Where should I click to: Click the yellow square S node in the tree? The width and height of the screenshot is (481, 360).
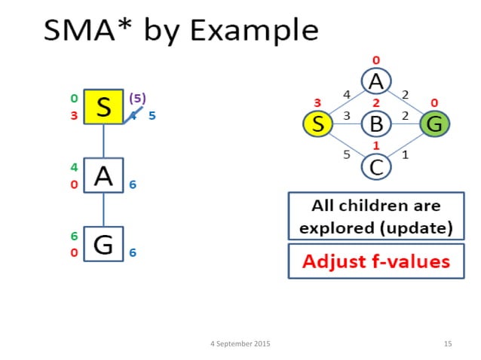[x=103, y=107]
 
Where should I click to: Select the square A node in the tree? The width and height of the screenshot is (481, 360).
[x=103, y=176]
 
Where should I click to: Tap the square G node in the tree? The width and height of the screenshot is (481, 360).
[x=103, y=243]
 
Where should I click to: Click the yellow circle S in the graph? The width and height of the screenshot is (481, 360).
[x=318, y=124]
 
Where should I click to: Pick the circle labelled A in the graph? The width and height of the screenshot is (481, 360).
[x=376, y=81]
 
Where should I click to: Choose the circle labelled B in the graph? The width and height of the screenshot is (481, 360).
[x=376, y=124]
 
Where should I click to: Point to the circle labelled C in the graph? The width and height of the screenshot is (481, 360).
[x=376, y=166]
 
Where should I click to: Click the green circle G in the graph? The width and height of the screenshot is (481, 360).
[x=434, y=124]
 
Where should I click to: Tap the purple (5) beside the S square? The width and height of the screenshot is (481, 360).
[x=138, y=98]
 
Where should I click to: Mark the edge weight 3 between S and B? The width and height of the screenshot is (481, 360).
[x=346, y=116]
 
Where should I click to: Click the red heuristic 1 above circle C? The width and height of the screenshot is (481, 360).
[x=376, y=145]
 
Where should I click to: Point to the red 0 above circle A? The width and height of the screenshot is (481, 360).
[x=376, y=60]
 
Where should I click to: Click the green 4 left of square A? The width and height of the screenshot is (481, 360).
[x=75, y=167]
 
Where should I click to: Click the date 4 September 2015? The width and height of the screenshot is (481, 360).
[x=240, y=343]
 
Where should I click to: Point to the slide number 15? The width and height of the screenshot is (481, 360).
[x=448, y=343]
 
